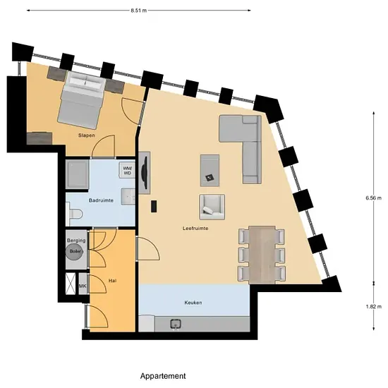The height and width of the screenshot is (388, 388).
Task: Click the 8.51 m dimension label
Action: pos(138,11)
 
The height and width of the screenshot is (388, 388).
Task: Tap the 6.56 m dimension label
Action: pos(374,198)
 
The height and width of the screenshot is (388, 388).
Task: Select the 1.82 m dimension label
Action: pos(374,306)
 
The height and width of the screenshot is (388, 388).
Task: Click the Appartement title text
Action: pos(163,376)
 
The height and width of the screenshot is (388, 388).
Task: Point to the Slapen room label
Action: pos(87,135)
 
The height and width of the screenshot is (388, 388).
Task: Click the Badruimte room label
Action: pos(101,200)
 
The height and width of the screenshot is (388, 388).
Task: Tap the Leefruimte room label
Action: pos(195,228)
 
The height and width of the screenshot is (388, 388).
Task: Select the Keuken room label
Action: pos(193,303)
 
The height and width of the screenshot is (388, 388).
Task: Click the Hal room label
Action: pos(112,281)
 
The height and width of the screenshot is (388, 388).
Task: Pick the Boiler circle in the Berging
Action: pos(75,251)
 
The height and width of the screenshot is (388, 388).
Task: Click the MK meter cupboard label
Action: pos(83,286)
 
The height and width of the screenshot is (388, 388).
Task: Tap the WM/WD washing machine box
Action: pos(127,170)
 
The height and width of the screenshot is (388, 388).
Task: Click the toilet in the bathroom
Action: pos(74,213)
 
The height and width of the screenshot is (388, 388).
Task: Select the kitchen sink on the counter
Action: pos(176,324)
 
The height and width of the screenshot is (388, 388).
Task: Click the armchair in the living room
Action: pos(212,207)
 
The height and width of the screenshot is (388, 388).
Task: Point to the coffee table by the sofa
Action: pos(210,170)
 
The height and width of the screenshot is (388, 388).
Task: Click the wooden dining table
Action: pos(262,255)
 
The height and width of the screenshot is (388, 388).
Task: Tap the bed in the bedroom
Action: pos(82,100)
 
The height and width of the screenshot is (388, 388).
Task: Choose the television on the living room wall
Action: pos(145,173)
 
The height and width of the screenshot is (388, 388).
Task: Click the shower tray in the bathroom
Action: pos(77,174)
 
